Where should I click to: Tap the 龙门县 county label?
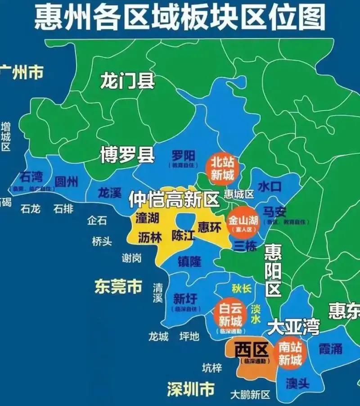pyautogui.click(x=127, y=81)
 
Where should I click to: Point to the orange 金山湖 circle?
pyautogui.click(x=243, y=223)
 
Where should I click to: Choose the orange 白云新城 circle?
pyautogui.click(x=230, y=315)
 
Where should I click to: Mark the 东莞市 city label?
pyautogui.click(x=118, y=286)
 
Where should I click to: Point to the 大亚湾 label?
pyautogui.click(x=293, y=327)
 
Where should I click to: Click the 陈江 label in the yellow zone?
pyautogui.click(x=183, y=235)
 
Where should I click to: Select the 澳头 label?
pyautogui.click(x=297, y=383)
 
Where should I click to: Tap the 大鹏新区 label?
pyautogui.click(x=250, y=395)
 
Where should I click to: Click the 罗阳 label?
pyautogui.click(x=183, y=156)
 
